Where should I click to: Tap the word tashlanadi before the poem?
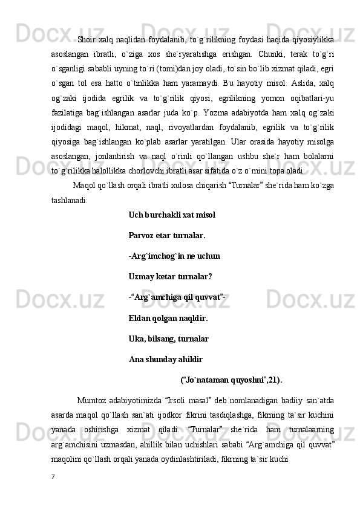tap(69, 199)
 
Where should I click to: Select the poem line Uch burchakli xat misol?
tap(172, 215)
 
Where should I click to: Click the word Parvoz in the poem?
tap(142, 235)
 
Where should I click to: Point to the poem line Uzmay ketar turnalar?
tap(170, 277)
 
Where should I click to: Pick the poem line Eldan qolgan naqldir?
tap(168, 318)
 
